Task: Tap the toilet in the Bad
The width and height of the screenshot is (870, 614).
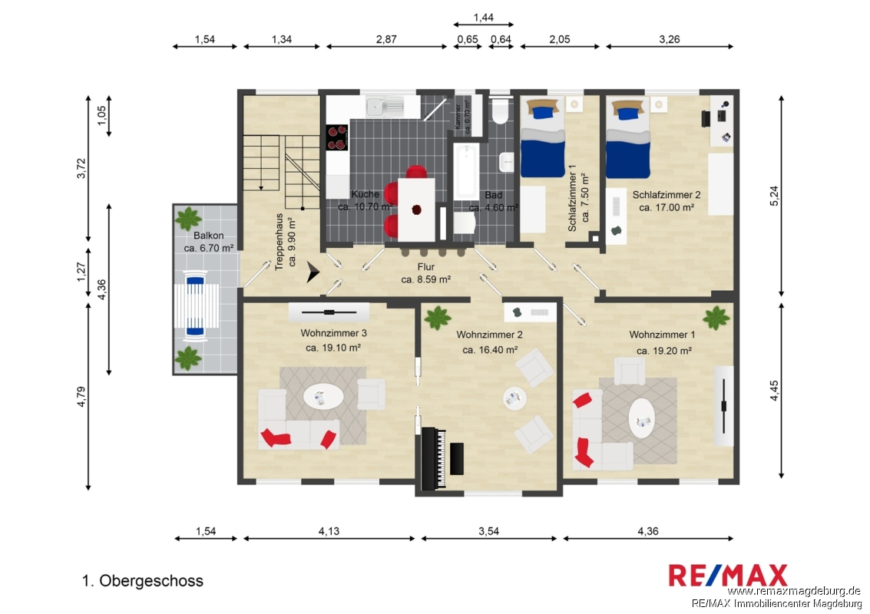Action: (500, 111)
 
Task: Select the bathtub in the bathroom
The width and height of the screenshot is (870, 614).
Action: (465, 171)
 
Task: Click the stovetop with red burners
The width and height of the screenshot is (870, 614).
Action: (337, 137)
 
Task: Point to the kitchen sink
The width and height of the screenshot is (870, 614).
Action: (385, 105)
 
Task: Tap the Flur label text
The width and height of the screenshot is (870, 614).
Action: (426, 267)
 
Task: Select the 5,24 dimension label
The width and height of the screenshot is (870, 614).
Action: (775, 195)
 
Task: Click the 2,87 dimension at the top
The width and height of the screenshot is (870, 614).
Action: (386, 39)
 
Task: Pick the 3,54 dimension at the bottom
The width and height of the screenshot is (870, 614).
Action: (489, 531)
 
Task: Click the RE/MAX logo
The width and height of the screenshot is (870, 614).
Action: (728, 575)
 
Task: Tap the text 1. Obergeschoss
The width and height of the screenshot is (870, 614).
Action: (143, 581)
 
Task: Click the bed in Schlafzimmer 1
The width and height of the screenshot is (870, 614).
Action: (543, 137)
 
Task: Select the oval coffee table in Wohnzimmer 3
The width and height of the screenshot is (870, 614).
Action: (323, 397)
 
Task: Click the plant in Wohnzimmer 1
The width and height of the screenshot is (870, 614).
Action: (716, 318)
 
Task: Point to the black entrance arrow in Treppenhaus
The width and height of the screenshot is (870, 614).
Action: (313, 272)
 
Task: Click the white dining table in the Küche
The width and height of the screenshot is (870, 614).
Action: (417, 210)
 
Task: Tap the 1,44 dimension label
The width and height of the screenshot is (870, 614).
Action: (483, 18)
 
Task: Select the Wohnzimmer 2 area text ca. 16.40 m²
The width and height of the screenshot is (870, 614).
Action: (490, 350)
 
